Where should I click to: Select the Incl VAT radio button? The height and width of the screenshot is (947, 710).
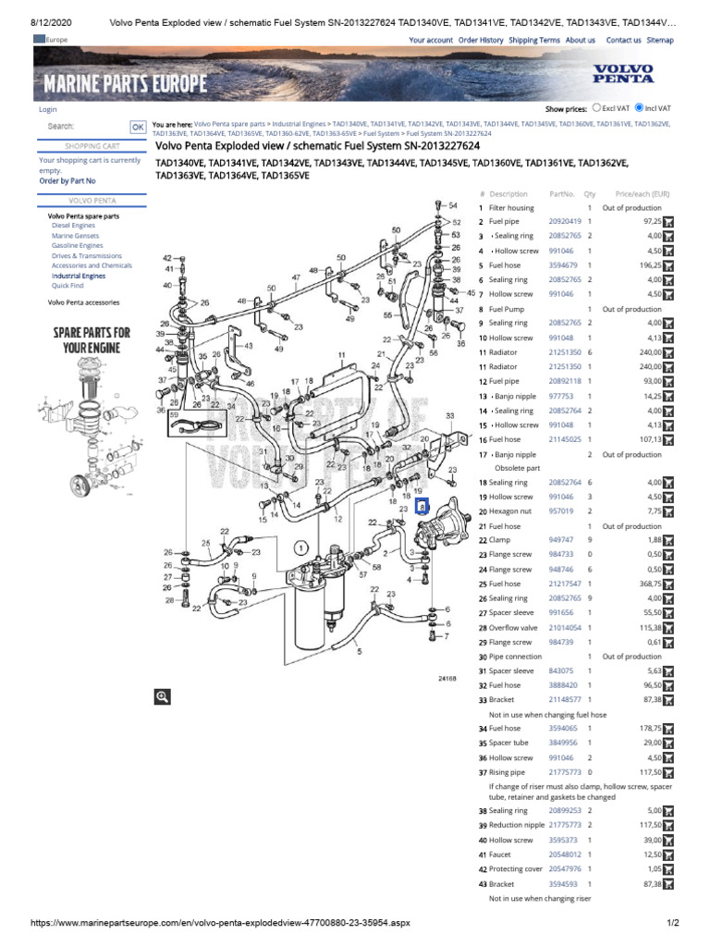click(x=639, y=107)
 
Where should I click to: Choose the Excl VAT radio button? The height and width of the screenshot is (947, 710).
click(x=597, y=107)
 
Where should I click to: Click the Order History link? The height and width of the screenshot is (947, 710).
click(x=481, y=41)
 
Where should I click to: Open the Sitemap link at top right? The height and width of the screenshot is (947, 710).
click(x=660, y=41)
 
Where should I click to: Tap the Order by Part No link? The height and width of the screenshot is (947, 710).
click(x=67, y=181)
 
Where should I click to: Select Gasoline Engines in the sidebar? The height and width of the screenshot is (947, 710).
click(x=78, y=246)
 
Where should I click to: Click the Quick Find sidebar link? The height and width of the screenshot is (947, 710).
click(x=67, y=286)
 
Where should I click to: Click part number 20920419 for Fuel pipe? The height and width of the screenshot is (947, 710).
click(x=565, y=222)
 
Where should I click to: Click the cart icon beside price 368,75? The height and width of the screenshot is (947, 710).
click(x=668, y=584)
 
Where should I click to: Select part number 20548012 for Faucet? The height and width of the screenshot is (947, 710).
click(x=565, y=855)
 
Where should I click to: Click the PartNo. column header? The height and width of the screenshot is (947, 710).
click(x=562, y=194)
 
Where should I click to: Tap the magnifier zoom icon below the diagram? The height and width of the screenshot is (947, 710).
click(x=163, y=696)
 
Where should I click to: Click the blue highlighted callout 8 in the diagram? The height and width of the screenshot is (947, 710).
click(x=422, y=506)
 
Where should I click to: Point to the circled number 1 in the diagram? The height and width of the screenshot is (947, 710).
click(x=301, y=547)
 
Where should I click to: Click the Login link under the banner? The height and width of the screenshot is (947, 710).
click(x=47, y=109)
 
